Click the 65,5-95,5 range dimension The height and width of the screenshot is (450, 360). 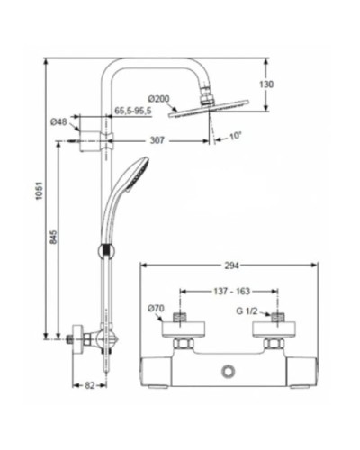(x=132, y=111)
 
